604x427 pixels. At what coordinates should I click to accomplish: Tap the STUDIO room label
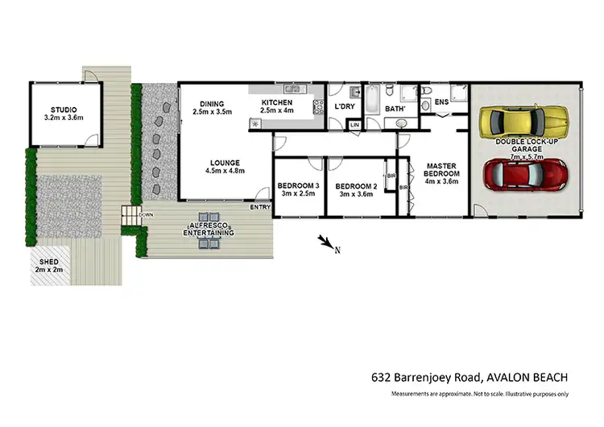(64, 110)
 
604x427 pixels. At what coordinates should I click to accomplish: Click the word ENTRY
(260, 208)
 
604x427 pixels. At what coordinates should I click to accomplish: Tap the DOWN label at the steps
(146, 215)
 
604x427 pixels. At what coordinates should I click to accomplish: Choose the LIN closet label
(354, 125)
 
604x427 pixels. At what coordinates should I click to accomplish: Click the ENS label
(441, 102)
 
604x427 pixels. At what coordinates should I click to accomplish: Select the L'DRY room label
(345, 106)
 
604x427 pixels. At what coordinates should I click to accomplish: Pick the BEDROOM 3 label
(298, 185)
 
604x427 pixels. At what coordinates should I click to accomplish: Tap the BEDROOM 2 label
(357, 185)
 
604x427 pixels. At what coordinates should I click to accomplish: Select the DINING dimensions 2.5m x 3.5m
(211, 112)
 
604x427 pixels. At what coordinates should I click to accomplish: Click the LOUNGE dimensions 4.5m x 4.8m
(225, 170)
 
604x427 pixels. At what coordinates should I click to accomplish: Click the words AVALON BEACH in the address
(526, 376)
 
